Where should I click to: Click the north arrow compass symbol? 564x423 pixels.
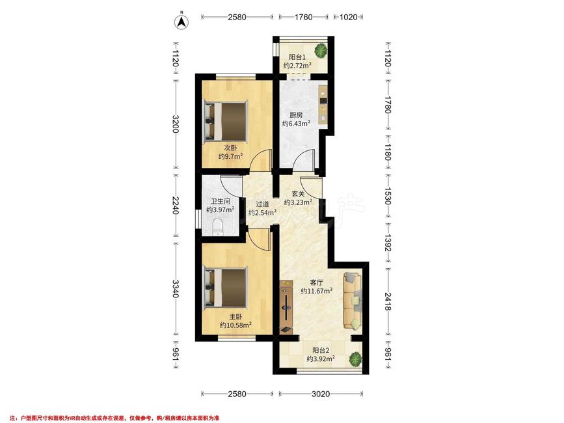coord(182,21)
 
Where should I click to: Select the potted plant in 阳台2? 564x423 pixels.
coord(355,359)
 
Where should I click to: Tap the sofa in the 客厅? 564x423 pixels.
coord(352,301)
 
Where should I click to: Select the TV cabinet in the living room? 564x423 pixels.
coord(286,307)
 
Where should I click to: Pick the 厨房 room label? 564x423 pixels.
coord(296,115)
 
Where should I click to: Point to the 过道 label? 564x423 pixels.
coord(262,204)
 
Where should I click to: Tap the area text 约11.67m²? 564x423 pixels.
coord(317,291)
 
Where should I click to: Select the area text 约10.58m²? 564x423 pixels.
coord(235,325)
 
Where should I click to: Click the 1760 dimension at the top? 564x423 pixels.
coord(304,17)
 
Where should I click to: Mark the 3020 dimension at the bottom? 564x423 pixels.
coord(321,394)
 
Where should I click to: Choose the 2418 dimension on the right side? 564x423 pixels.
coord(388,301)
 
